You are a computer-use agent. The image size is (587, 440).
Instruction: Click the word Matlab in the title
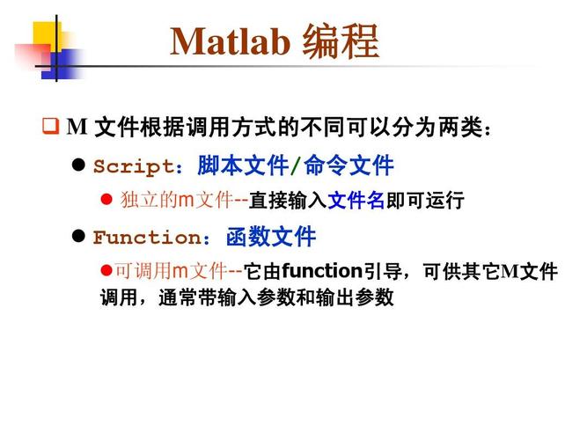(230, 41)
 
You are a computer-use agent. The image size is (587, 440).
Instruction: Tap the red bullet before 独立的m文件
(107, 201)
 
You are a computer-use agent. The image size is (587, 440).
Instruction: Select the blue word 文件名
(356, 201)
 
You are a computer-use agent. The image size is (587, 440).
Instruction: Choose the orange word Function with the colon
(153, 238)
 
